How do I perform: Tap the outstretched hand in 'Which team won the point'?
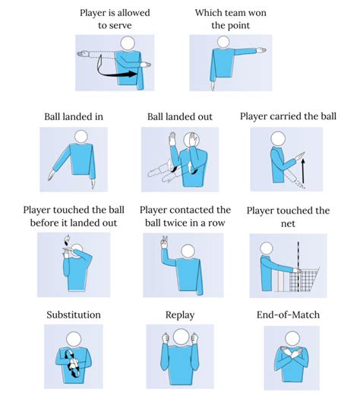pyautogui.click(x=261, y=50)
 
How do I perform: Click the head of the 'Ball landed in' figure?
pyautogui.click(x=81, y=136)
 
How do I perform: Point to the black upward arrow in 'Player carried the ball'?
pyautogui.click(x=303, y=171)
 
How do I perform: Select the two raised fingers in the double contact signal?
pyautogui.click(x=164, y=242)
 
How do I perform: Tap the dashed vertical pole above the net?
pyautogui.click(x=298, y=255)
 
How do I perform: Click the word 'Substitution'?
pyautogui.click(x=74, y=315)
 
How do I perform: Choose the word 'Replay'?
pyautogui.click(x=180, y=315)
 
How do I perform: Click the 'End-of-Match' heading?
pyautogui.click(x=288, y=315)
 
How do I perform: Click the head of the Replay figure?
pyautogui.click(x=181, y=337)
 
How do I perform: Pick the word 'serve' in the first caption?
pyautogui.click(x=122, y=26)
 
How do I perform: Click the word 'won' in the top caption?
pyautogui.click(x=257, y=13)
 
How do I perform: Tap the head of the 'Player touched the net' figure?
pyautogui.click(x=266, y=249)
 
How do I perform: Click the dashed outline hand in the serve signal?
pyautogui.click(x=83, y=54)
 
